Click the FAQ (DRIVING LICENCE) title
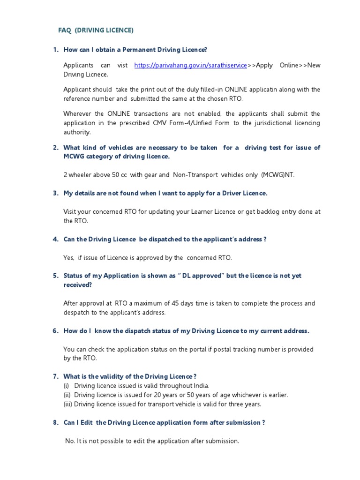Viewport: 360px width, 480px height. tap(96, 30)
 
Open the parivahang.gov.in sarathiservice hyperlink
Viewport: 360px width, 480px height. tap(190, 65)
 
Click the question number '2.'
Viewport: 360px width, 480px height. tap(55, 148)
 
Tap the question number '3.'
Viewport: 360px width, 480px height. tap(55, 193)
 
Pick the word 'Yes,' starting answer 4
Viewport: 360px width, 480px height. tap(69, 257)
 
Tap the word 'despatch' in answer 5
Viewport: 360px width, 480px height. tap(76, 313)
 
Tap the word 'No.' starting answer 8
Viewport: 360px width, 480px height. tap(70, 441)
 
